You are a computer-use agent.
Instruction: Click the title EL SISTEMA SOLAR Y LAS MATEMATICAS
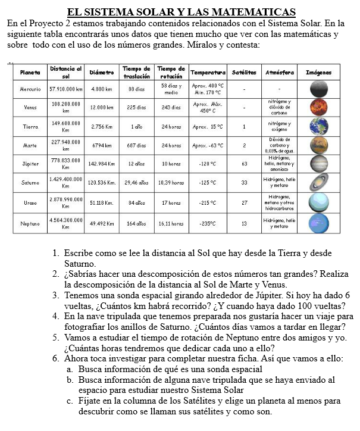point(181,12)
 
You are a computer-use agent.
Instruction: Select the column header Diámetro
point(101,72)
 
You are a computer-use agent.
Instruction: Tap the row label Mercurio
point(30,89)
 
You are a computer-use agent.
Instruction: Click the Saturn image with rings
point(318,183)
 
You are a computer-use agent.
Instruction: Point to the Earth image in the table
point(318,126)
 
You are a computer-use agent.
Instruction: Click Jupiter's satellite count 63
point(244,163)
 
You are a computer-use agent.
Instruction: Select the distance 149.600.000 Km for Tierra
point(66,126)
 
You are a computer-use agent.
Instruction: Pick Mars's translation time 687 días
point(136,145)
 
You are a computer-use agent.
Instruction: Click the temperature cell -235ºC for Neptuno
point(207,223)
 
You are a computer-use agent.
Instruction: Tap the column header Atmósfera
point(280,72)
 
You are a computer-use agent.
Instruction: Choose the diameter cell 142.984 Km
point(101,163)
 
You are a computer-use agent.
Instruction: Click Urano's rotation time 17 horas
point(171,203)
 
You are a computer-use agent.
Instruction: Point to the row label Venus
point(30,108)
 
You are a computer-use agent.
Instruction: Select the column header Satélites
point(244,72)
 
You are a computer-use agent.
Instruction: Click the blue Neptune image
point(318,223)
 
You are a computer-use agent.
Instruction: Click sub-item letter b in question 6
point(70,380)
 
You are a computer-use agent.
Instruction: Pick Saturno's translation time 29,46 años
point(136,183)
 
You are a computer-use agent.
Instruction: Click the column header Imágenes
point(318,72)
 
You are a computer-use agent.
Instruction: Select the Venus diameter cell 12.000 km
point(101,108)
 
